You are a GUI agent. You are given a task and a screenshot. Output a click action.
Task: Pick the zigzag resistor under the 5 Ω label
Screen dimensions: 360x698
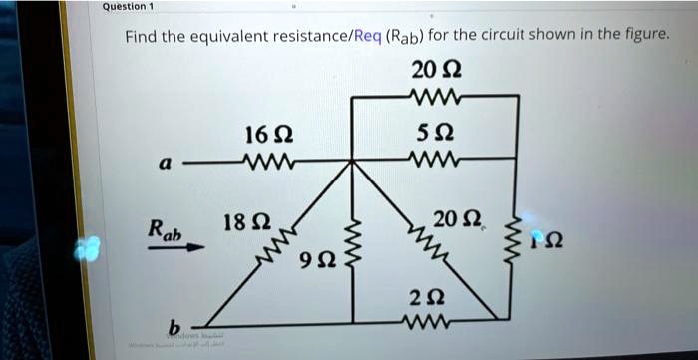pyautogui.click(x=435, y=160)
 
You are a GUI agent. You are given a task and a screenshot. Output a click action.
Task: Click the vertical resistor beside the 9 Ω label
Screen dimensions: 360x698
pyautogui.click(x=350, y=248)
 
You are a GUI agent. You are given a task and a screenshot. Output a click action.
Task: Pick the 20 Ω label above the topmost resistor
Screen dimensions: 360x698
pyautogui.click(x=434, y=72)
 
